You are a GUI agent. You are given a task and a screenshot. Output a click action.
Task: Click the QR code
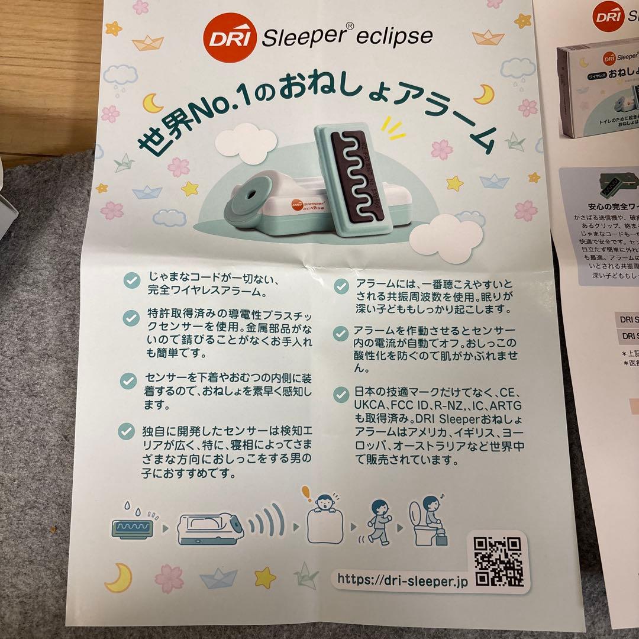(x=498, y=560)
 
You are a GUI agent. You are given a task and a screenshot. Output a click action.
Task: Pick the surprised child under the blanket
(x=324, y=521)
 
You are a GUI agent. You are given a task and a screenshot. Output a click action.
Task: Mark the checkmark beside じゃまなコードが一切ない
(x=132, y=280)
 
